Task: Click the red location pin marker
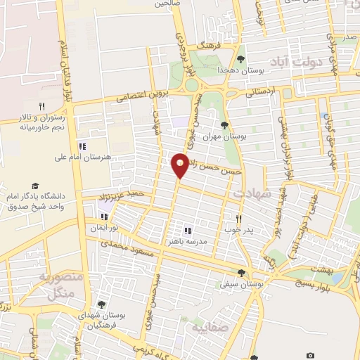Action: click(180, 165)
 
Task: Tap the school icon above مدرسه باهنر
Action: click(188, 230)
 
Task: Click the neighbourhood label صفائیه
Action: click(207, 327)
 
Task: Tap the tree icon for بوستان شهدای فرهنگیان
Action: click(103, 304)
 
